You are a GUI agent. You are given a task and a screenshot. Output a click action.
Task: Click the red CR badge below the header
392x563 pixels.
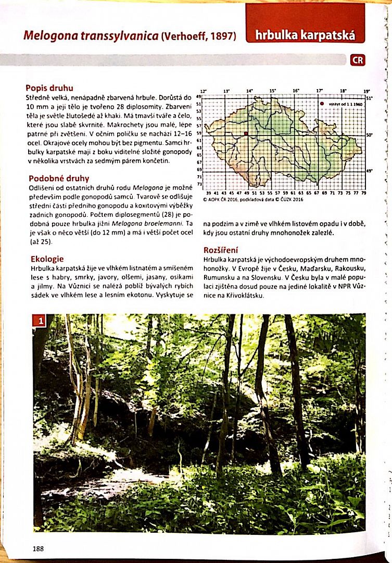tap(358, 60)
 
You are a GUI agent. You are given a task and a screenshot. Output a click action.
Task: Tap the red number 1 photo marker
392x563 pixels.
tap(39, 321)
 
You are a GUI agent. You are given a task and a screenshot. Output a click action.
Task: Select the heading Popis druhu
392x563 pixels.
tap(49, 88)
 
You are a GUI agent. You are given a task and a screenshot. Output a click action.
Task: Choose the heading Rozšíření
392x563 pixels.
tap(221, 250)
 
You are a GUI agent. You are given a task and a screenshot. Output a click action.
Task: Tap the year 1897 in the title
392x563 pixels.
tap(219, 36)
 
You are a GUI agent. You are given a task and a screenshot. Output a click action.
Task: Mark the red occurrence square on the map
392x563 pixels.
tap(246, 133)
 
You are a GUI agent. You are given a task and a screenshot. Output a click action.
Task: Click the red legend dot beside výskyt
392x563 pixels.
tap(322, 104)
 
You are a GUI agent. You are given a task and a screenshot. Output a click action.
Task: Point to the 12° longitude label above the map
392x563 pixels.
tap(204, 91)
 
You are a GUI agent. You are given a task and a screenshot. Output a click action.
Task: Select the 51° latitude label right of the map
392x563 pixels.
tap(369, 97)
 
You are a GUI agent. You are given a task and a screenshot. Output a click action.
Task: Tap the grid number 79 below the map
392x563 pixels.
tap(363, 193)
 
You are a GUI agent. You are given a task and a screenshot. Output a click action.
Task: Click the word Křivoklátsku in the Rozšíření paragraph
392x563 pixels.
tap(243, 296)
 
